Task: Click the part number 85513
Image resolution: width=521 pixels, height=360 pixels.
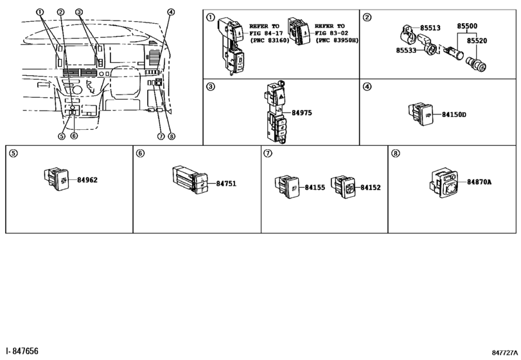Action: point(431,28)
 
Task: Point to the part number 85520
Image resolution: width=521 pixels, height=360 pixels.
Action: point(477,40)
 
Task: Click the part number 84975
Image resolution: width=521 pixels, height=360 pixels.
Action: point(301,113)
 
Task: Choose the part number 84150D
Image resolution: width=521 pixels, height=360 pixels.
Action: point(454,114)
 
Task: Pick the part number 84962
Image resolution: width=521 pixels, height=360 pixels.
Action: point(87,180)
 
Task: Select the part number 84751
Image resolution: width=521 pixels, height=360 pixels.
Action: point(225,183)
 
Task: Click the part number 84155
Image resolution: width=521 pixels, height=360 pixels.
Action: point(314,188)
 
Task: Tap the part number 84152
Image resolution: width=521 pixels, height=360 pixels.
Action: point(370,188)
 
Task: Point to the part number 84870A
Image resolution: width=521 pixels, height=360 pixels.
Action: point(479,182)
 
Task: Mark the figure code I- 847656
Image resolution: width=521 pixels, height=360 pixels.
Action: point(20,351)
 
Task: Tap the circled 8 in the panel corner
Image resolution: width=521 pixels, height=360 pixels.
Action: point(395,154)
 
